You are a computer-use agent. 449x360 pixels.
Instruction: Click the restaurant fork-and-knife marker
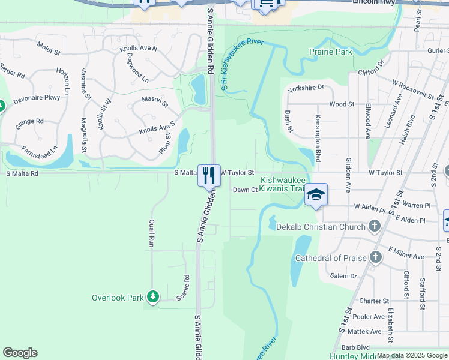(209, 175)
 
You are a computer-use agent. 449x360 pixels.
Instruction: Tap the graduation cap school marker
(316, 194)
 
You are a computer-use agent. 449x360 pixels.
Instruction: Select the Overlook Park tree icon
(154, 296)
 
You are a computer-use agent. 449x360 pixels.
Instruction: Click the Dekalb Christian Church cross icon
(375, 226)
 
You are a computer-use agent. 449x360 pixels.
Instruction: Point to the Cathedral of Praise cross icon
(376, 257)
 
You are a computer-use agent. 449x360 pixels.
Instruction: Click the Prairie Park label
(330, 52)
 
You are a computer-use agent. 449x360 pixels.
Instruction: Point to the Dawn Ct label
(245, 190)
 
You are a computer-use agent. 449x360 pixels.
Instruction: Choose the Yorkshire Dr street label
(306, 88)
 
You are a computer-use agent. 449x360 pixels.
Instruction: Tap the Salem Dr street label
(344, 276)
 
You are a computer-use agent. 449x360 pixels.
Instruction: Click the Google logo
(20, 353)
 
